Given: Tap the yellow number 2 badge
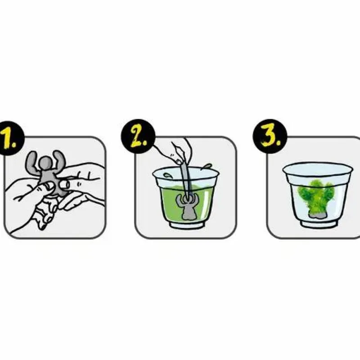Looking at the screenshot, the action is (x=138, y=136).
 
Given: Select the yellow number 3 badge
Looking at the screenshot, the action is (x=270, y=136).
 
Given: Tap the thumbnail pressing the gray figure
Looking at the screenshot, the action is (x=64, y=184).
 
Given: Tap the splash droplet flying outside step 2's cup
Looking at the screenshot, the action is (x=207, y=166).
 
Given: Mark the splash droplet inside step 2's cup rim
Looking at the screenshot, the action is (x=167, y=175).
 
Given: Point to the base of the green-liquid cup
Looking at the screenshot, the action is (x=187, y=225).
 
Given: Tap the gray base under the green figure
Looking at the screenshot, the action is (x=317, y=215).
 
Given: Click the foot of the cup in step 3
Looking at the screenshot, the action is (x=319, y=224).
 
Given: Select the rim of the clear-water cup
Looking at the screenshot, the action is (x=318, y=169).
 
